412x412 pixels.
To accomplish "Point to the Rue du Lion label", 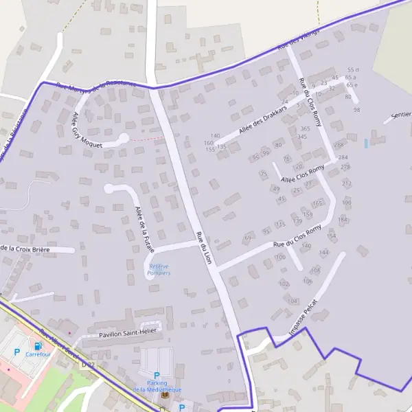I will click(204, 248).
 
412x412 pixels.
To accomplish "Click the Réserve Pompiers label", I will click(159, 270).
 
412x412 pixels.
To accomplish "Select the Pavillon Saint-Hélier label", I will click(128, 332).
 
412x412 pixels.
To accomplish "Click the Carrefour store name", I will click(38, 354).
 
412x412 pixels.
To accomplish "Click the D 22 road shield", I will click(87, 366).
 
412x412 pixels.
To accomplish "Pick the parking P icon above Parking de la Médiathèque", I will click(157, 376).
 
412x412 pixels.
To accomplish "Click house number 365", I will click(305, 128).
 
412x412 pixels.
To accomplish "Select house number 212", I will click(347, 183).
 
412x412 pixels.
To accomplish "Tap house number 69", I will click(248, 238).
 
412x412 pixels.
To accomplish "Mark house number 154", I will click(332, 236).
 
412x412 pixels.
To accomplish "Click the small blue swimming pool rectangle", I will click(366, 144).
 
